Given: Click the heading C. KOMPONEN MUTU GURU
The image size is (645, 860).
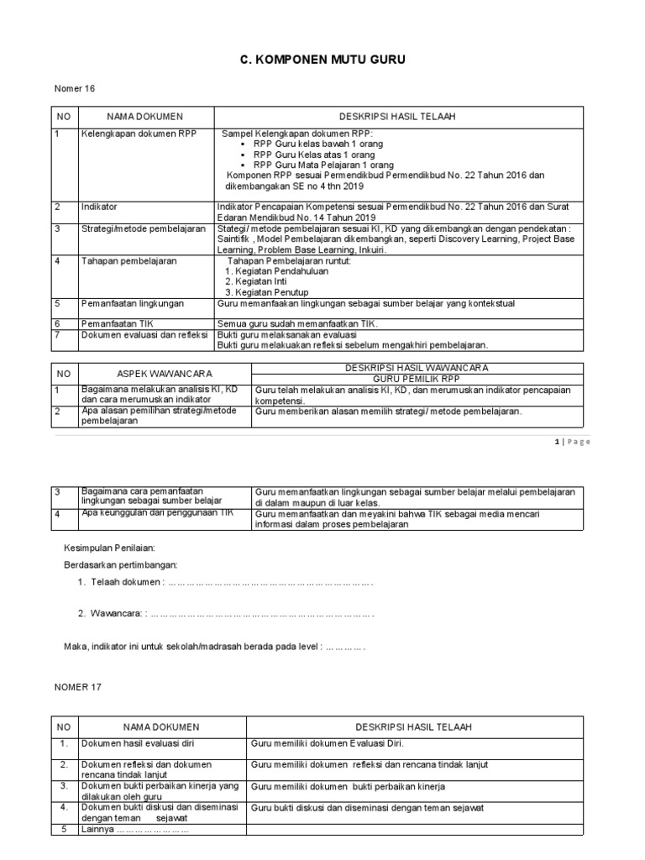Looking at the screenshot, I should (x=323, y=61).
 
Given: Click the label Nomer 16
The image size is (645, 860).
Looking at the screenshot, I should (x=72, y=90).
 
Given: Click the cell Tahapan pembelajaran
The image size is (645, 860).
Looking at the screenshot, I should (x=128, y=261).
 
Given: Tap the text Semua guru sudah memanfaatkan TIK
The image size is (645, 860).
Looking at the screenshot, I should (x=298, y=323).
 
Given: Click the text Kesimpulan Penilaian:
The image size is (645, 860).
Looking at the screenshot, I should (x=110, y=548).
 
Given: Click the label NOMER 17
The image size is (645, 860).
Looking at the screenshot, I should (x=77, y=686).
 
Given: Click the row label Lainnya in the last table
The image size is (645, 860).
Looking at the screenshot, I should (x=134, y=830).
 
